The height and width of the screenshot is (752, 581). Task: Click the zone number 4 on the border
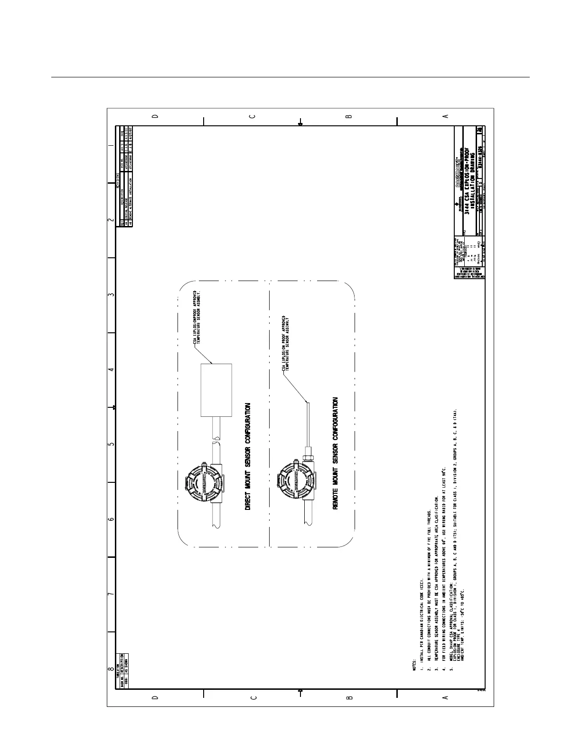coord(111,369)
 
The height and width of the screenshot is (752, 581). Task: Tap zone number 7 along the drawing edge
coord(111,594)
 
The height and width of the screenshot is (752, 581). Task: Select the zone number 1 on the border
coord(111,145)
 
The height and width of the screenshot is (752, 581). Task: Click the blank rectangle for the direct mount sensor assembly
coord(216,390)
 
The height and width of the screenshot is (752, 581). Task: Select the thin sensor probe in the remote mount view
coord(308,423)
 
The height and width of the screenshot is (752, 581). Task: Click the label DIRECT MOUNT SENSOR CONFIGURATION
coord(248,457)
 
